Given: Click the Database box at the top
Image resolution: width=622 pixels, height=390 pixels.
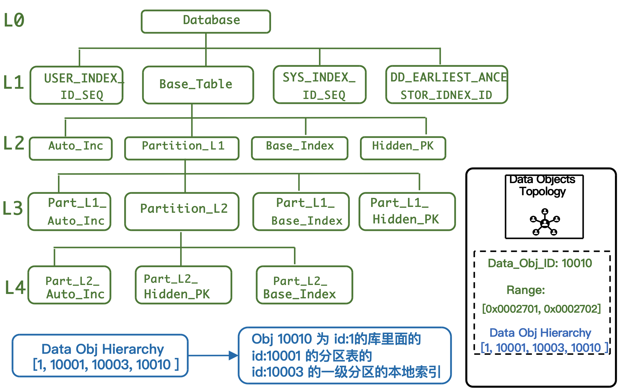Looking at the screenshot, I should coord(206,21).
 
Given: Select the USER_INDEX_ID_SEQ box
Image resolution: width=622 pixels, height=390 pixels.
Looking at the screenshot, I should coord(76,85).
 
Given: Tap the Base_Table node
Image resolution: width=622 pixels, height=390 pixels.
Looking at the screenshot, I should coord(198,85).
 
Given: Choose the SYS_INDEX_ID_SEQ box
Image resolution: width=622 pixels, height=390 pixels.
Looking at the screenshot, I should coord(320,85).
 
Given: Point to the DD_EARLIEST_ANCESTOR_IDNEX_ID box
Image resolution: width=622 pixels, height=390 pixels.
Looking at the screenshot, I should coord(446,85).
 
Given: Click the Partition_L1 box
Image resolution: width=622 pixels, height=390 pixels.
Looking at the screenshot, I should coord(182,148).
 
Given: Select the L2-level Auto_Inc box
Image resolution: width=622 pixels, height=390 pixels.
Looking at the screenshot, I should coord(71,149).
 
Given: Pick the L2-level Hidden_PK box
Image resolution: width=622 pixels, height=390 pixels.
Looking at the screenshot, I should coord(403,148).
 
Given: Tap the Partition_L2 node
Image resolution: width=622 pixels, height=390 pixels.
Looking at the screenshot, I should coord(182,211).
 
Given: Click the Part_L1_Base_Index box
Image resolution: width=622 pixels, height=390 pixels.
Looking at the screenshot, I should coord(301,211).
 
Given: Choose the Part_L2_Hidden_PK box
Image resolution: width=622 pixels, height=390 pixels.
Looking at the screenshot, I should coord(183,285).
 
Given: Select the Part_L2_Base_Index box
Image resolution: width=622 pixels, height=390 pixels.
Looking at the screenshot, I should coord(304,285).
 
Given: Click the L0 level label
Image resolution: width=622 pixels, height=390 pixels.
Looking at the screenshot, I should coord(14,20).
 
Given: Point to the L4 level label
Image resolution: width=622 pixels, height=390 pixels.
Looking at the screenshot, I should coord(15,287).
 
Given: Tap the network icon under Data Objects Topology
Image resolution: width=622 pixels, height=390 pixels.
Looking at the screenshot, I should coord(545,222).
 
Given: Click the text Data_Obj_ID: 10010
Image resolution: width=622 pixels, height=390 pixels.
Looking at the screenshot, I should coord(540,263).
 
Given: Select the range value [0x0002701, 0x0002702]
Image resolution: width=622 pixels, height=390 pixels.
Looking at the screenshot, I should coord(541,309).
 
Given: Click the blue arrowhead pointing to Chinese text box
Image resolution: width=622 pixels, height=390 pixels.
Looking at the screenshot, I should coord(233,355).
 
